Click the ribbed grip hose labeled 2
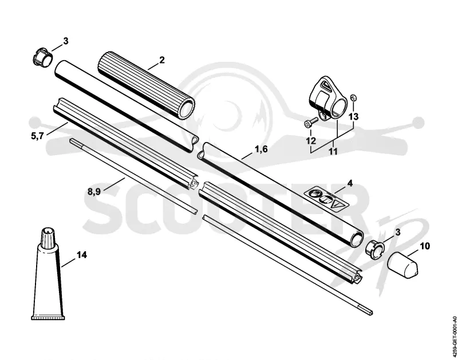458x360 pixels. coord(146,85)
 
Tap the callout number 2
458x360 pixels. coord(162,60)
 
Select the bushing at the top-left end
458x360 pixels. coord(42,57)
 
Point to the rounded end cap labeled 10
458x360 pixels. coord(403,265)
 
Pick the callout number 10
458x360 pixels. coord(425,246)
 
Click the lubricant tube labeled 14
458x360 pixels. coord(48,273)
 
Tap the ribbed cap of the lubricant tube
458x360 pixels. coord(48,237)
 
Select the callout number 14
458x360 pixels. coord(82,255)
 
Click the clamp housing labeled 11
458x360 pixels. coord(328,98)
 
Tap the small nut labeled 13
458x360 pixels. coord(353,97)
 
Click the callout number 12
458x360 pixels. coord(311,141)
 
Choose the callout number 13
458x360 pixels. coord(353,117)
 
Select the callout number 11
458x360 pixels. coord(333,152)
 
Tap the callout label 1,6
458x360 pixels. coord(261,149)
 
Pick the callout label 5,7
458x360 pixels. coord(37,136)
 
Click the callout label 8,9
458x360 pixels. coord(94,192)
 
